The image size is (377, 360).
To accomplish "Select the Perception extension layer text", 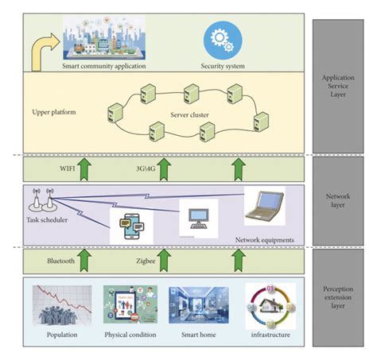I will coord(340,303).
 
